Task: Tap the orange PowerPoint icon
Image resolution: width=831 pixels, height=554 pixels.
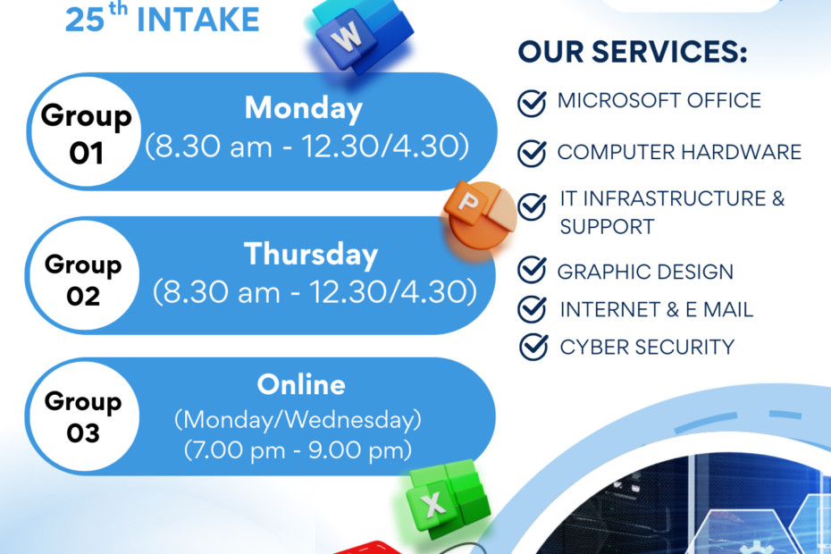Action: click(480, 215)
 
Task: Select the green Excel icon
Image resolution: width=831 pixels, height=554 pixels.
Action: click(449, 499)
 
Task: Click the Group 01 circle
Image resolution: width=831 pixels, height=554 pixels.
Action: click(86, 132)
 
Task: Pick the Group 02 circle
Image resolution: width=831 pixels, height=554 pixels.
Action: click(84, 276)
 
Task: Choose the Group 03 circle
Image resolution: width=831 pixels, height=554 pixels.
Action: click(84, 416)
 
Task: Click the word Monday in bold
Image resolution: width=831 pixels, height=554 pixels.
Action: click(304, 109)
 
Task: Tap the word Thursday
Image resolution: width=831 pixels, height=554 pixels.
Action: click(311, 254)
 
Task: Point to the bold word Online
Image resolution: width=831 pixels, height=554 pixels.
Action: click(301, 384)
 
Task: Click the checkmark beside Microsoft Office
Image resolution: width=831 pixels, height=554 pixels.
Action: click(532, 103)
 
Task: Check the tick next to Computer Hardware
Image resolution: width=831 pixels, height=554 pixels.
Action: click(532, 153)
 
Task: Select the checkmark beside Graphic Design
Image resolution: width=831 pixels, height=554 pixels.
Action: click(532, 269)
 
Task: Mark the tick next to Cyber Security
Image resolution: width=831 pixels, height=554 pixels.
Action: click(533, 347)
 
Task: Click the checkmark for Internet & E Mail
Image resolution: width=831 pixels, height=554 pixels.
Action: click(532, 308)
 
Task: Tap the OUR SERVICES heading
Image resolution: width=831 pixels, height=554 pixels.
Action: click(633, 52)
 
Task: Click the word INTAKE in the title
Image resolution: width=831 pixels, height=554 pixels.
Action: click(198, 21)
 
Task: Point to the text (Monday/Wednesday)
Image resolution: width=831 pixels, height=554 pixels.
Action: click(298, 420)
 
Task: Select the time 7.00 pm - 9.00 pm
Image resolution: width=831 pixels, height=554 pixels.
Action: click(298, 450)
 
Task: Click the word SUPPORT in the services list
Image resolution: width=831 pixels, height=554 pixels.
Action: click(607, 227)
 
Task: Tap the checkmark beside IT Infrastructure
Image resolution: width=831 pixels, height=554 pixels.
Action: click(532, 206)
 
